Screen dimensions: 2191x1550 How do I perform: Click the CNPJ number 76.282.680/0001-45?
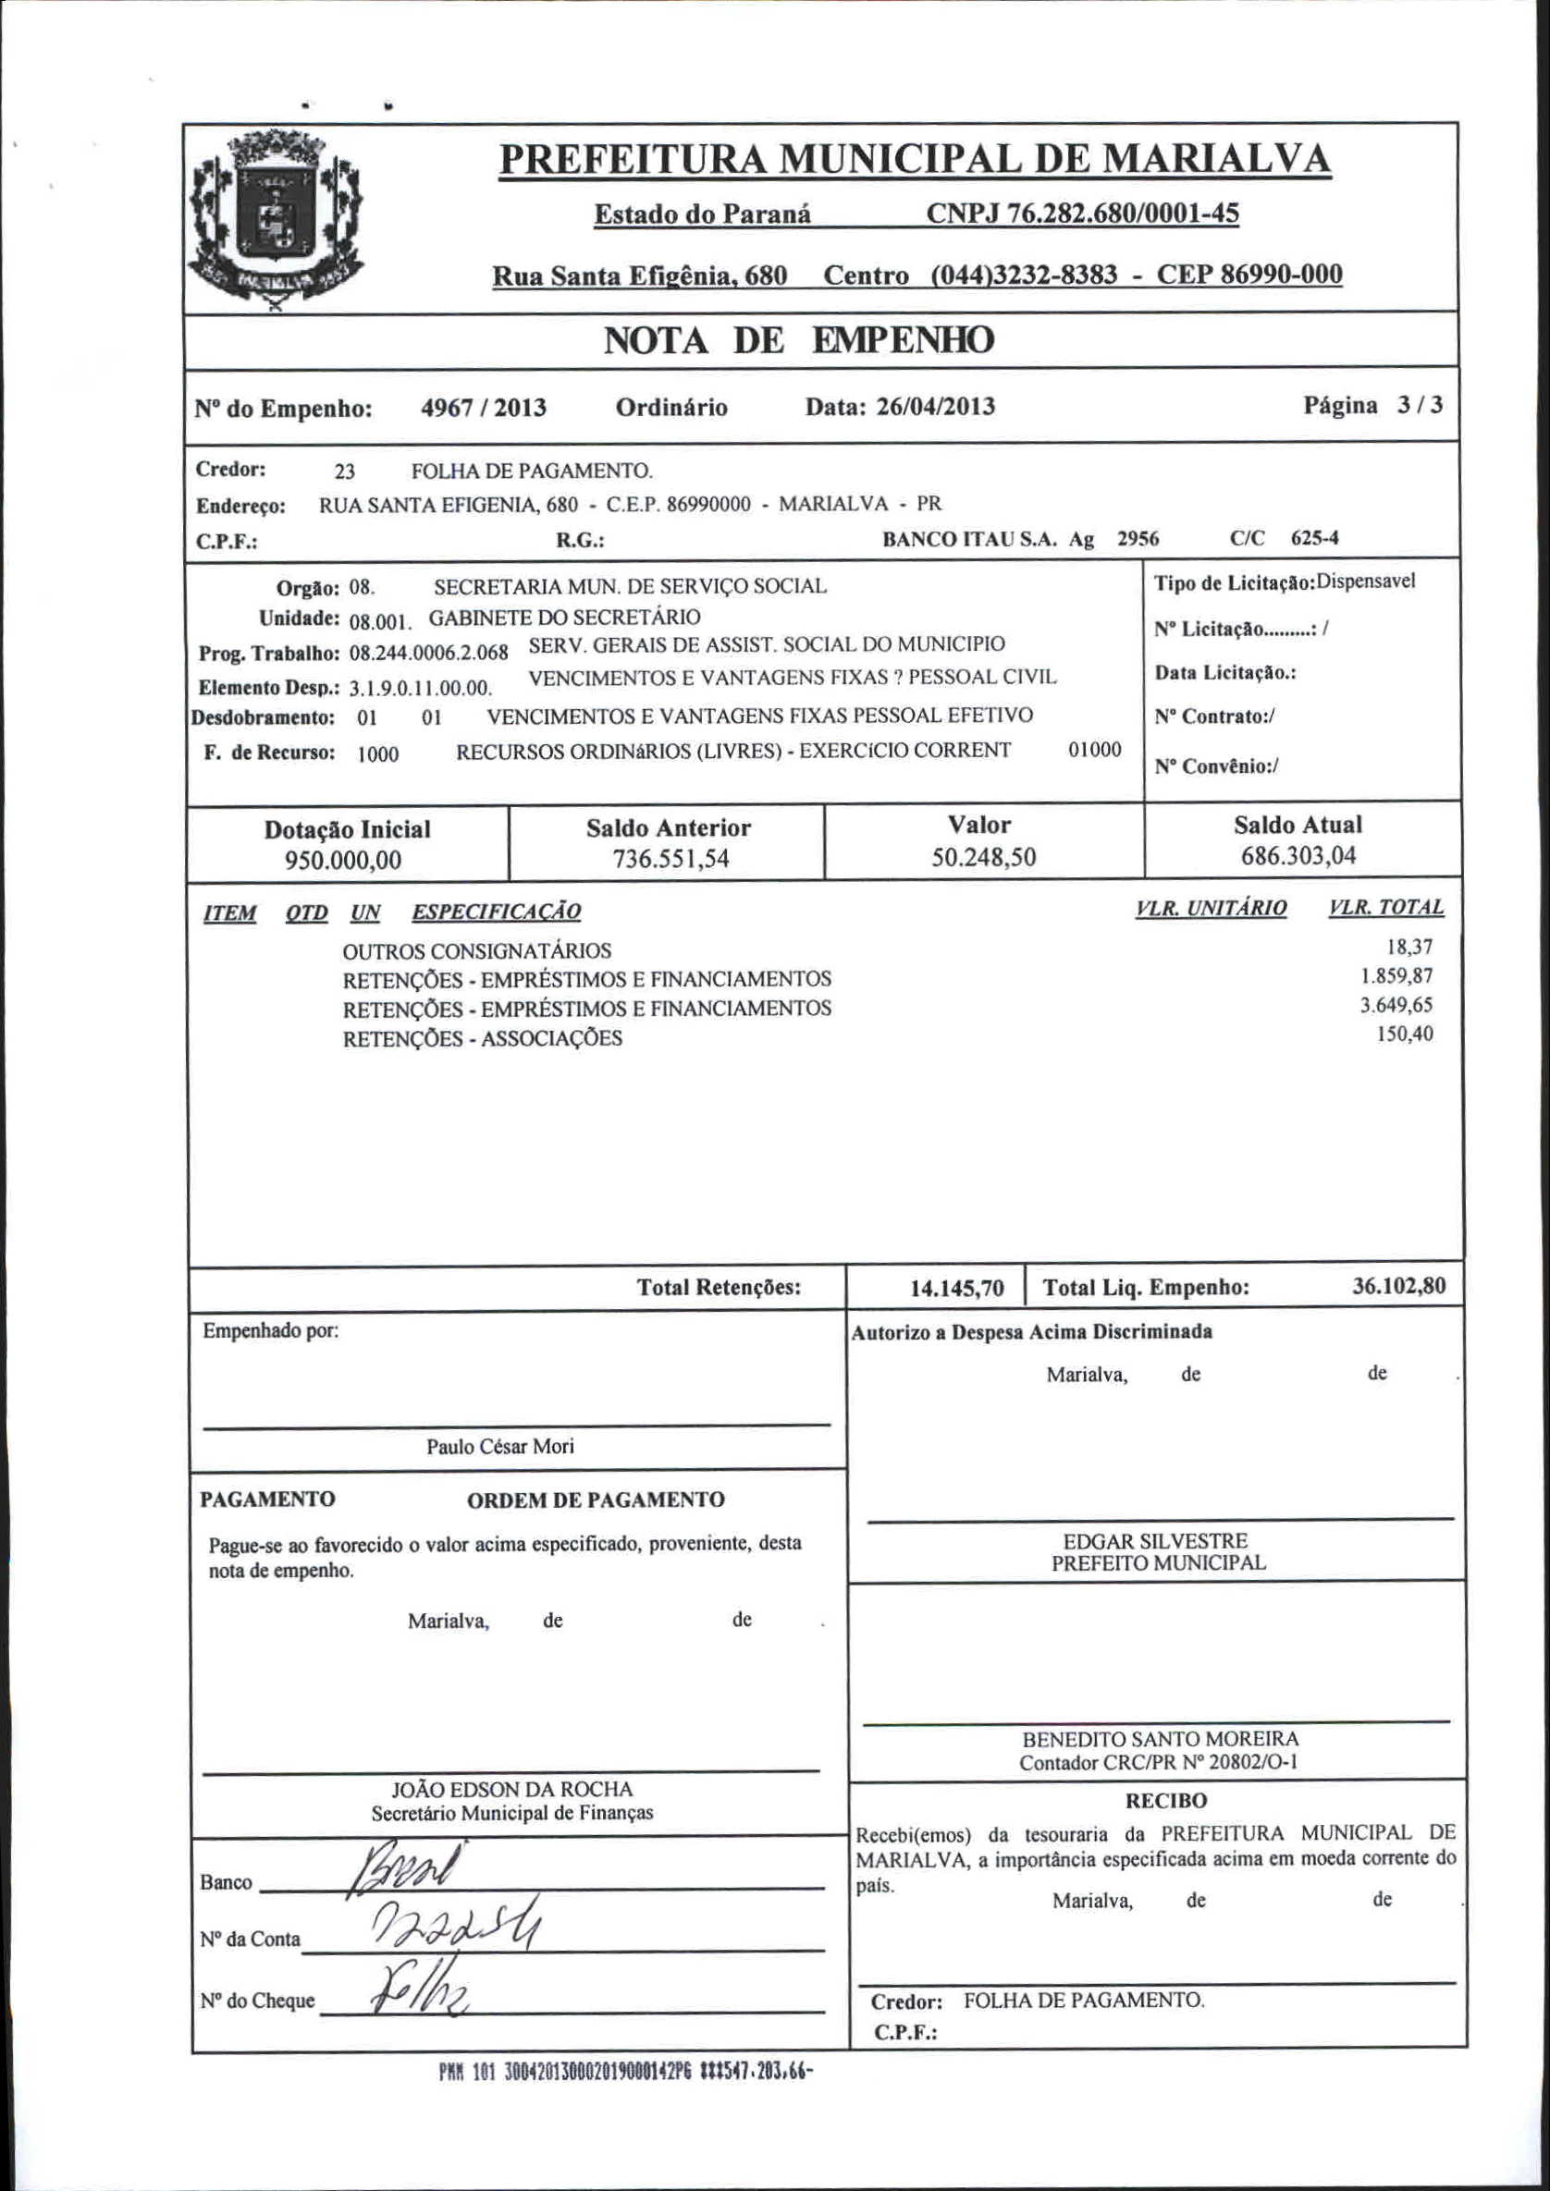(1082, 213)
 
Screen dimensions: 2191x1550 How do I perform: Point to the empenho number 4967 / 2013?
(483, 409)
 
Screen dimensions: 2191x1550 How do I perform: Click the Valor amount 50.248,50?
(983, 857)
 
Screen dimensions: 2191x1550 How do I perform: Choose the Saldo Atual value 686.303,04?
(1298, 855)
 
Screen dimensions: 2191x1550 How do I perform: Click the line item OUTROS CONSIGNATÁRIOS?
(477, 951)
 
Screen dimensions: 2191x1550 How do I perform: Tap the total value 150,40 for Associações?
(1404, 1034)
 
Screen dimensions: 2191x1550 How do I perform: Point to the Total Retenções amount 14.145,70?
(957, 1290)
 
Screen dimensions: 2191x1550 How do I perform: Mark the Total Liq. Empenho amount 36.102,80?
(1398, 1286)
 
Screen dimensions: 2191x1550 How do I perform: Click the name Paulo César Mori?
(500, 1447)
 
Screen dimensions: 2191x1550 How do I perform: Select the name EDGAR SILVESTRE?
(1155, 1540)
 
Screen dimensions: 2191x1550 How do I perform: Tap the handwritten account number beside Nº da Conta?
(457, 1932)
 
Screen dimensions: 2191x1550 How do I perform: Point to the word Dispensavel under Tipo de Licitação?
(1366, 581)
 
